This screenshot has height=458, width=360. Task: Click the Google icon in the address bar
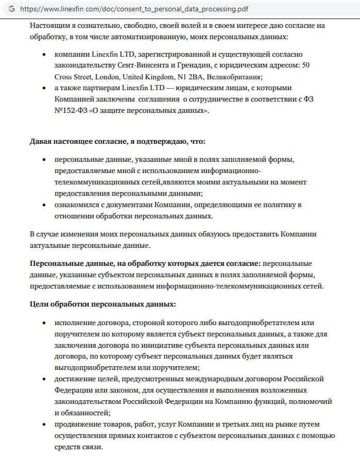11,9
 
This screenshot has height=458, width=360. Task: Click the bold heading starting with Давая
118,141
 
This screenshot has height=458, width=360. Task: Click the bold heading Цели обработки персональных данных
103,304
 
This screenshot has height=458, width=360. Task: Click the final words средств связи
78,447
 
